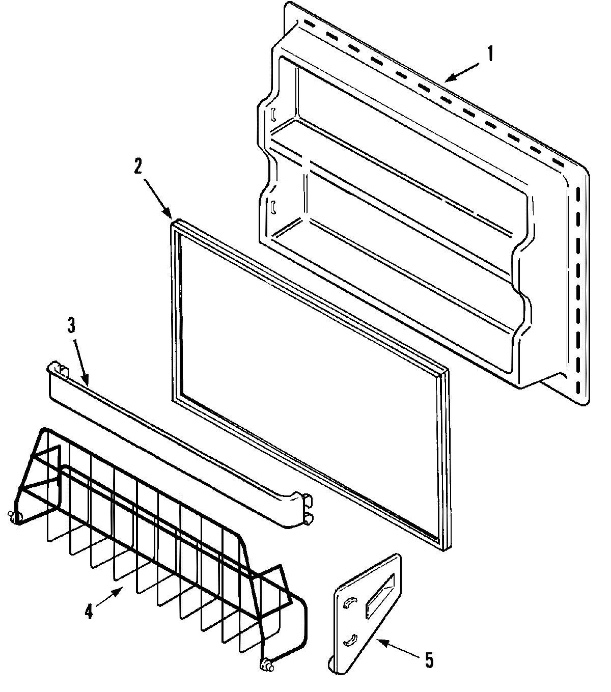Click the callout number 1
pyautogui.click(x=490, y=53)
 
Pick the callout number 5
pyautogui.click(x=429, y=660)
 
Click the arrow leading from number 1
pyautogui.click(x=461, y=71)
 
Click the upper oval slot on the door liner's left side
pyautogui.click(x=273, y=114)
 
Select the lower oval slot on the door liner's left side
pyautogui.click(x=273, y=206)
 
